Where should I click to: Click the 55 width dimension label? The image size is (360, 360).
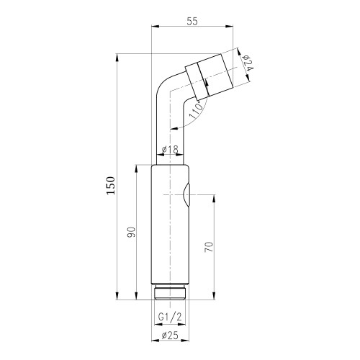click(x=192, y=21)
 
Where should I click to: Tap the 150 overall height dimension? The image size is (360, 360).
click(x=111, y=186)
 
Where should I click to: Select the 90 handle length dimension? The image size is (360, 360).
click(x=132, y=232)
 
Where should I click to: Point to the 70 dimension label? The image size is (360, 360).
click(x=209, y=247)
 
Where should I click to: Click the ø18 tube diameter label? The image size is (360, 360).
click(x=170, y=150)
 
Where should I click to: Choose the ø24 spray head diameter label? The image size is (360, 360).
click(x=248, y=63)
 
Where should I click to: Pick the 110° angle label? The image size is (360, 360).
click(x=196, y=110)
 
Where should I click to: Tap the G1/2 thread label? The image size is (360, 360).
click(x=170, y=318)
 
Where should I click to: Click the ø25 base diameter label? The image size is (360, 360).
click(x=170, y=336)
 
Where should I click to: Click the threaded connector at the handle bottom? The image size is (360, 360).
click(x=170, y=292)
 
